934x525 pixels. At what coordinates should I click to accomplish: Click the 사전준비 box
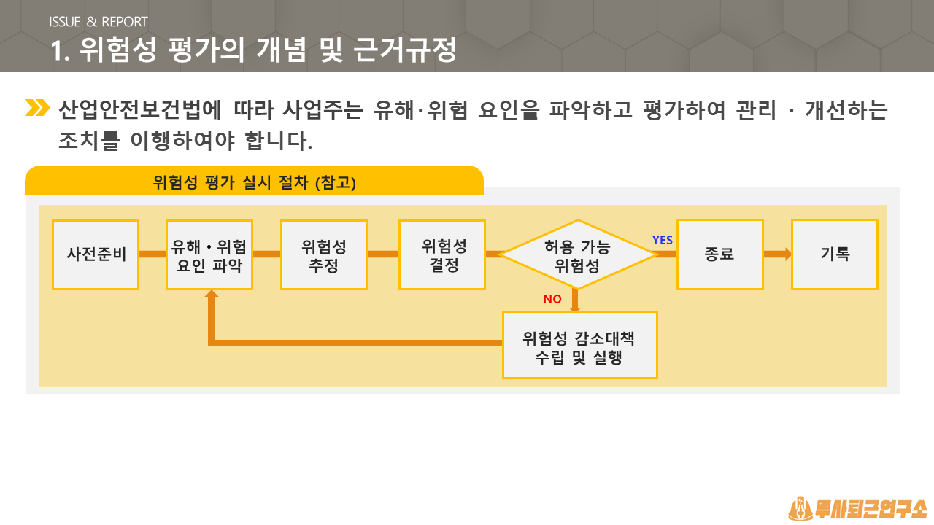pos(96,254)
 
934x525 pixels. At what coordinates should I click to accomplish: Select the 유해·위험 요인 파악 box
pos(209,254)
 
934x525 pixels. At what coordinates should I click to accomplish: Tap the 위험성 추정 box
pos(324,254)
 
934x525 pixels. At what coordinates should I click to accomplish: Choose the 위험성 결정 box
pos(442,254)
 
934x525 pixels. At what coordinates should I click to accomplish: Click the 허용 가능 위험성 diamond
pos(577,254)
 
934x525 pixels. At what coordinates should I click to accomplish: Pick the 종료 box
pos(720,254)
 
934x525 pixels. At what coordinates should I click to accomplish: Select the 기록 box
pos(835,254)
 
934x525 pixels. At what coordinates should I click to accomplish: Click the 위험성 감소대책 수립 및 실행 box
pos(579,345)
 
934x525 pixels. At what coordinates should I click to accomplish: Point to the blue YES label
pos(662,240)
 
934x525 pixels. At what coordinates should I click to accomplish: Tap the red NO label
pos(552,299)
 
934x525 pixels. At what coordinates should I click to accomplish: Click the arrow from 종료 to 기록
pos(778,254)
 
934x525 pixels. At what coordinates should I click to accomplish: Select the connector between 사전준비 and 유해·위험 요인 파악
pos(153,254)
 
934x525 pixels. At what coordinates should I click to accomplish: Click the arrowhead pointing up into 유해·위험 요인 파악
pos(212,294)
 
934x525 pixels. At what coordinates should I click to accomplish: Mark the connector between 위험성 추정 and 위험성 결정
pos(383,254)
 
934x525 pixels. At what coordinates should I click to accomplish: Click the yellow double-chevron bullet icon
pos(37,107)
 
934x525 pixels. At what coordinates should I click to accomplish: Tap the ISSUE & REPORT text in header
pos(99,22)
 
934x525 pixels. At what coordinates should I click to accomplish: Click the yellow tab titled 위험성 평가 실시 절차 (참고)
pos(255,181)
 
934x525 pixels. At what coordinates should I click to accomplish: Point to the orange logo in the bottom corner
pos(857,508)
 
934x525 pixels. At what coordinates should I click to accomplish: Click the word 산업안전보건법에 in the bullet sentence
pos(140,110)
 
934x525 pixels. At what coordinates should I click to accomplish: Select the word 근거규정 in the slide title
pos(404,50)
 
